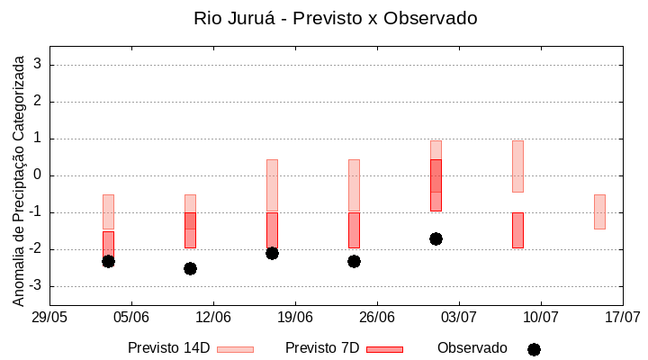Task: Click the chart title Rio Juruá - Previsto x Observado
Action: pyautogui.click(x=336, y=18)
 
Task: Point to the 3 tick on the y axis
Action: pyautogui.click(x=38, y=65)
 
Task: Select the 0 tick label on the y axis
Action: pyautogui.click(x=38, y=175)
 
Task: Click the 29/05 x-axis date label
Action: pyautogui.click(x=49, y=318)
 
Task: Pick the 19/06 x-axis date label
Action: pyautogui.click(x=294, y=318)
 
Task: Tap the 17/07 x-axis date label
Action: pyautogui.click(x=622, y=318)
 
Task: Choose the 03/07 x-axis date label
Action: pyautogui.click(x=458, y=318)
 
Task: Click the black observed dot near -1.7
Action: pyautogui.click(x=436, y=238)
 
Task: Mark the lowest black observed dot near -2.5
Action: pyautogui.click(x=190, y=268)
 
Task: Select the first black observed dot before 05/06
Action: pyautogui.click(x=108, y=261)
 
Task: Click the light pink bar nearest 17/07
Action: pyautogui.click(x=599, y=211)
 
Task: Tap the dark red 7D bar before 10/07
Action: pyautogui.click(x=517, y=229)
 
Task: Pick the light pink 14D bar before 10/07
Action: pyautogui.click(x=517, y=166)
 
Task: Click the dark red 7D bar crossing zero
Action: pyautogui.click(x=436, y=184)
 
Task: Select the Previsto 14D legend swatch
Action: pyautogui.click(x=235, y=349)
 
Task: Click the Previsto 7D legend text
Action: pyautogui.click(x=322, y=348)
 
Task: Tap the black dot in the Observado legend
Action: pyautogui.click(x=534, y=349)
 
